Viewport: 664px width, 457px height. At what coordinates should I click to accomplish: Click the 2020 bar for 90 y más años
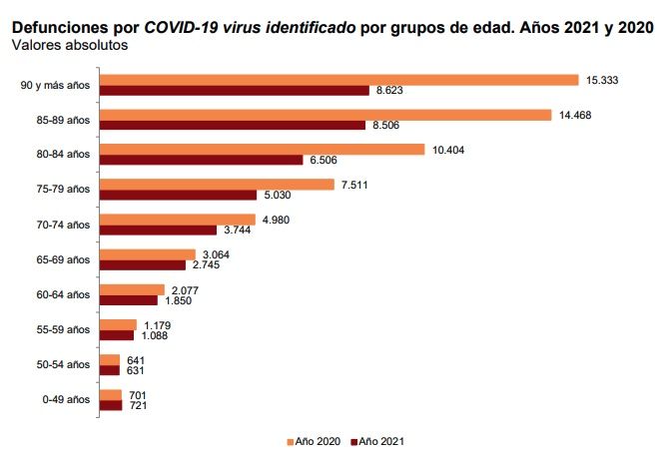pos(339,80)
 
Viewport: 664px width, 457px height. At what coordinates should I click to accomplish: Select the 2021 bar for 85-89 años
pos(234,126)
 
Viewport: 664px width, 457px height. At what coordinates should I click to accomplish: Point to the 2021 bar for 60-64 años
pos(129,300)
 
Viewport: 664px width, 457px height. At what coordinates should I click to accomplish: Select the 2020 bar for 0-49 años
pos(111,394)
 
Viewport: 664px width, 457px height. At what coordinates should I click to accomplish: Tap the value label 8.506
pos(387,126)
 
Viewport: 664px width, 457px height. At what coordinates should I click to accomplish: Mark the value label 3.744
pos(268,230)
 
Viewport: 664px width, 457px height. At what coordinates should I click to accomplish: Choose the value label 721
pos(139,405)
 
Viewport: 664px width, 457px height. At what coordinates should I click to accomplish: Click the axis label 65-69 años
pos(63,259)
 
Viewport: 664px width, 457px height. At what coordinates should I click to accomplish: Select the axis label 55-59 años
pos(63,329)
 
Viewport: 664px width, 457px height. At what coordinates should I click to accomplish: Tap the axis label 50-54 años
pos(63,364)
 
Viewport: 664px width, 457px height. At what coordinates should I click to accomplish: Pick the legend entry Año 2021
pos(379,440)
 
